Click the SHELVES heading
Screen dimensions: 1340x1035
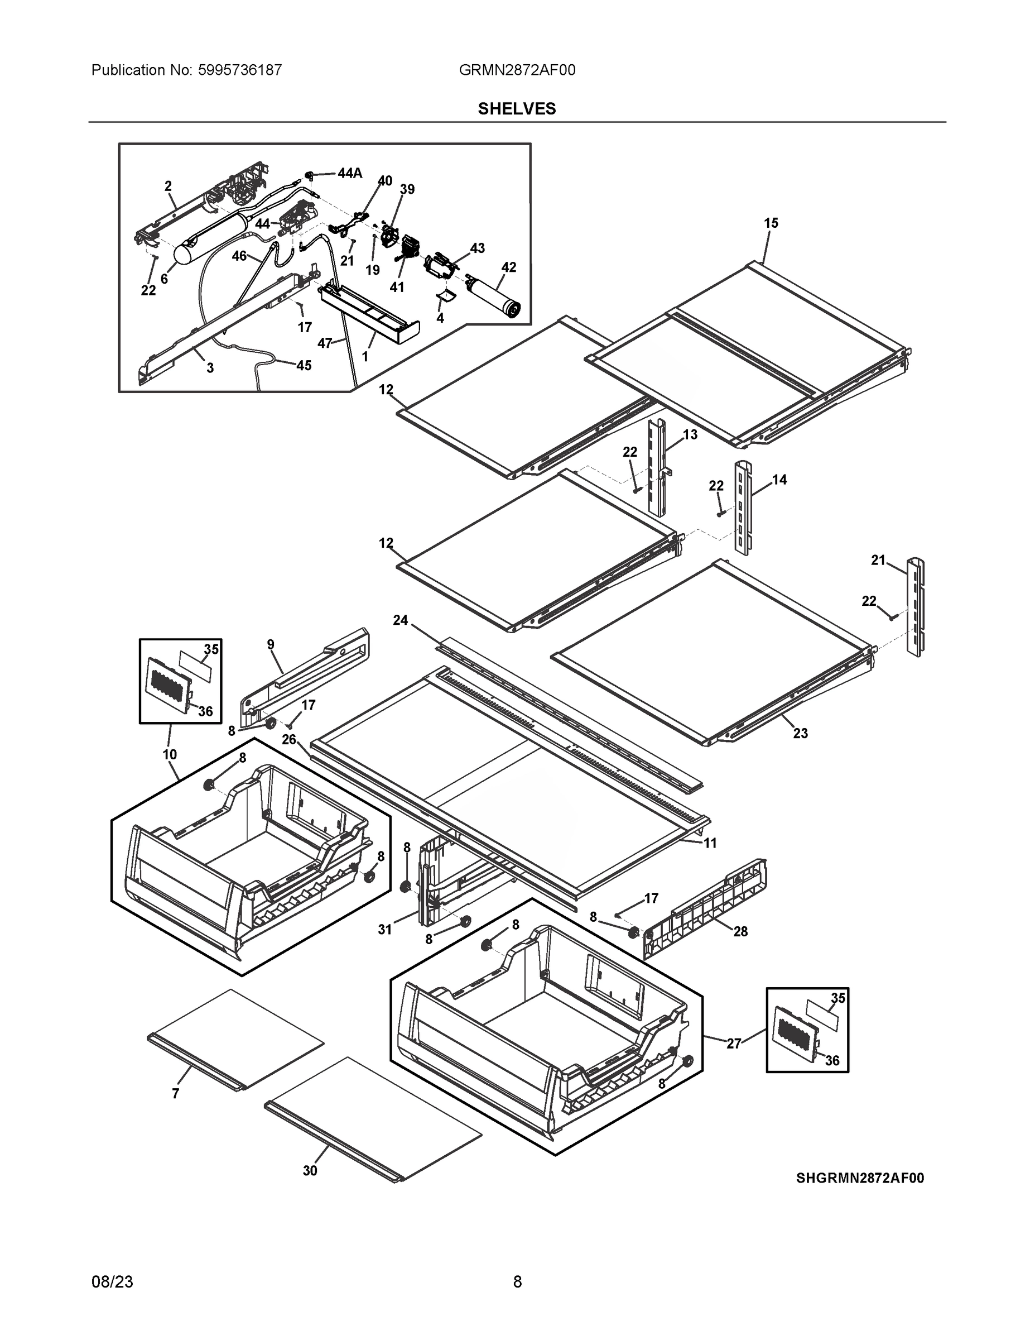pos(516,109)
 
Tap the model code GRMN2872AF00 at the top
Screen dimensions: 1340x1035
pos(516,70)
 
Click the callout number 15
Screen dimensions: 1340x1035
pos(771,223)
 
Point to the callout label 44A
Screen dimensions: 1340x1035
pos(349,174)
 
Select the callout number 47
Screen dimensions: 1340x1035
pos(324,343)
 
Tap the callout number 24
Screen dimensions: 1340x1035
pos(401,620)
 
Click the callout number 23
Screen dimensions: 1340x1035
pos(800,733)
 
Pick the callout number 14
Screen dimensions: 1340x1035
pos(779,480)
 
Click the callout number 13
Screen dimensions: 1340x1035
pos(690,435)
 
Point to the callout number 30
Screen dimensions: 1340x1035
pos(310,1171)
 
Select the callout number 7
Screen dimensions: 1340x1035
pos(175,1093)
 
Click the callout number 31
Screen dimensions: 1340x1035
pos(384,930)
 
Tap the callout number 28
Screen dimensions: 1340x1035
pos(741,931)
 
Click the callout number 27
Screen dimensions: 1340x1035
pos(734,1043)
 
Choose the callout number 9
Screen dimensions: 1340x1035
pos(271,644)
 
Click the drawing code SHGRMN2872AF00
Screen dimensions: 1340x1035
pos(860,1178)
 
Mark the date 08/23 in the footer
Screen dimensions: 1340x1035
pos(112,1282)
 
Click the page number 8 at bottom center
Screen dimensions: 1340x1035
pos(517,1282)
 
